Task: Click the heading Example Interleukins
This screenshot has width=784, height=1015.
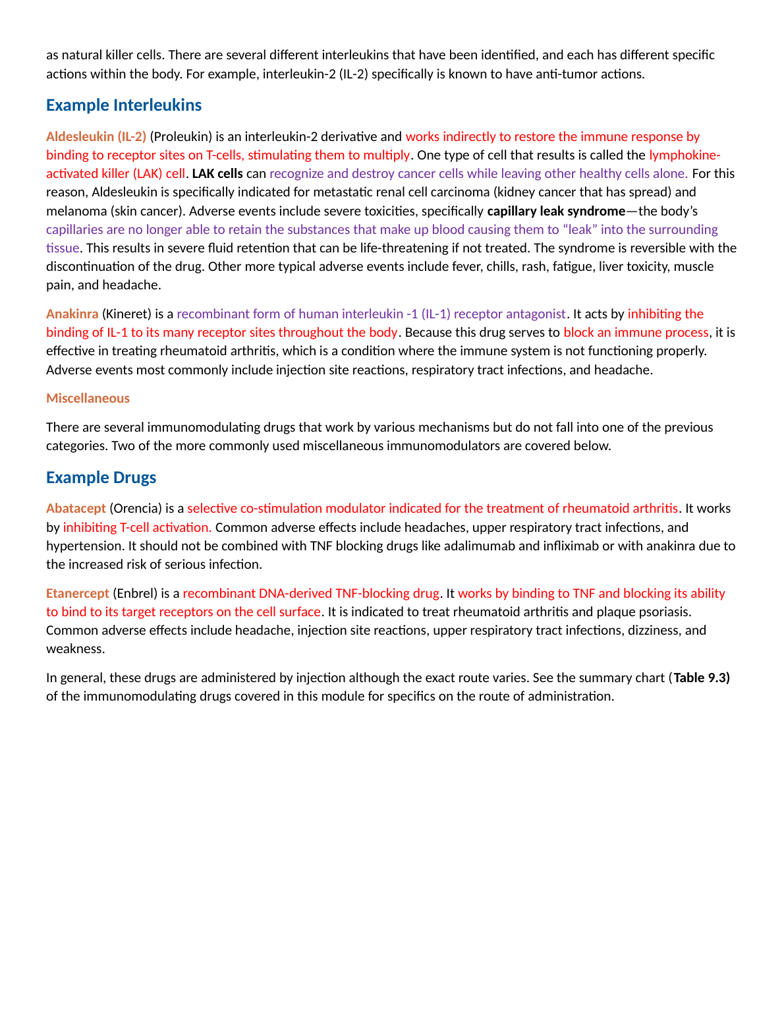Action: click(x=124, y=105)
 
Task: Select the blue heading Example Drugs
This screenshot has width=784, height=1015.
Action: click(x=101, y=478)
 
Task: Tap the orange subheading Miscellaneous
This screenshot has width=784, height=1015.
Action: click(x=88, y=398)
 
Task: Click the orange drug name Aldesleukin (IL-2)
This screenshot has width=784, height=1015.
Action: click(x=96, y=136)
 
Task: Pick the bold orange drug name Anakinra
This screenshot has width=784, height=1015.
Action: click(x=72, y=314)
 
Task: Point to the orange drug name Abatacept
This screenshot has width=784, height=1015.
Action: click(x=76, y=508)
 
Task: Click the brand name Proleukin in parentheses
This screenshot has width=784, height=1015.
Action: click(x=181, y=136)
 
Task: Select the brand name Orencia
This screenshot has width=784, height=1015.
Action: click(x=135, y=508)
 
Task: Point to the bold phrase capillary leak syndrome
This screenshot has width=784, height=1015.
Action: click(x=556, y=211)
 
